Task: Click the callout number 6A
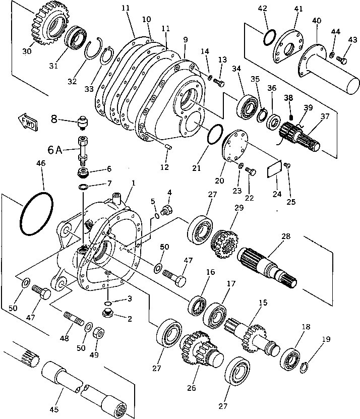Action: [55, 150]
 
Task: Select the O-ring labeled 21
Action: [214, 136]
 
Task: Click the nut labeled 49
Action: [100, 333]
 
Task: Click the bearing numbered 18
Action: [291, 357]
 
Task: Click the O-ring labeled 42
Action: [269, 38]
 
